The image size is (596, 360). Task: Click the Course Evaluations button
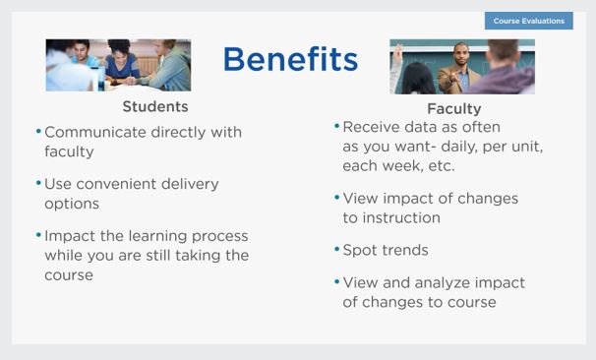529,21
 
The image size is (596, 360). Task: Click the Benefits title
291,59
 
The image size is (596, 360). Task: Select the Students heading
155,106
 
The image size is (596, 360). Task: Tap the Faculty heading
454,109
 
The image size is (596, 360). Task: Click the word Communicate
95,132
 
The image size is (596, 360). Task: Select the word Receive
371,127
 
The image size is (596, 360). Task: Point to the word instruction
401,217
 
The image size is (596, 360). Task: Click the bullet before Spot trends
336,250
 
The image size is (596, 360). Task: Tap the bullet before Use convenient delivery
38,183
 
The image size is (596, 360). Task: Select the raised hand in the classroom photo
397,52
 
